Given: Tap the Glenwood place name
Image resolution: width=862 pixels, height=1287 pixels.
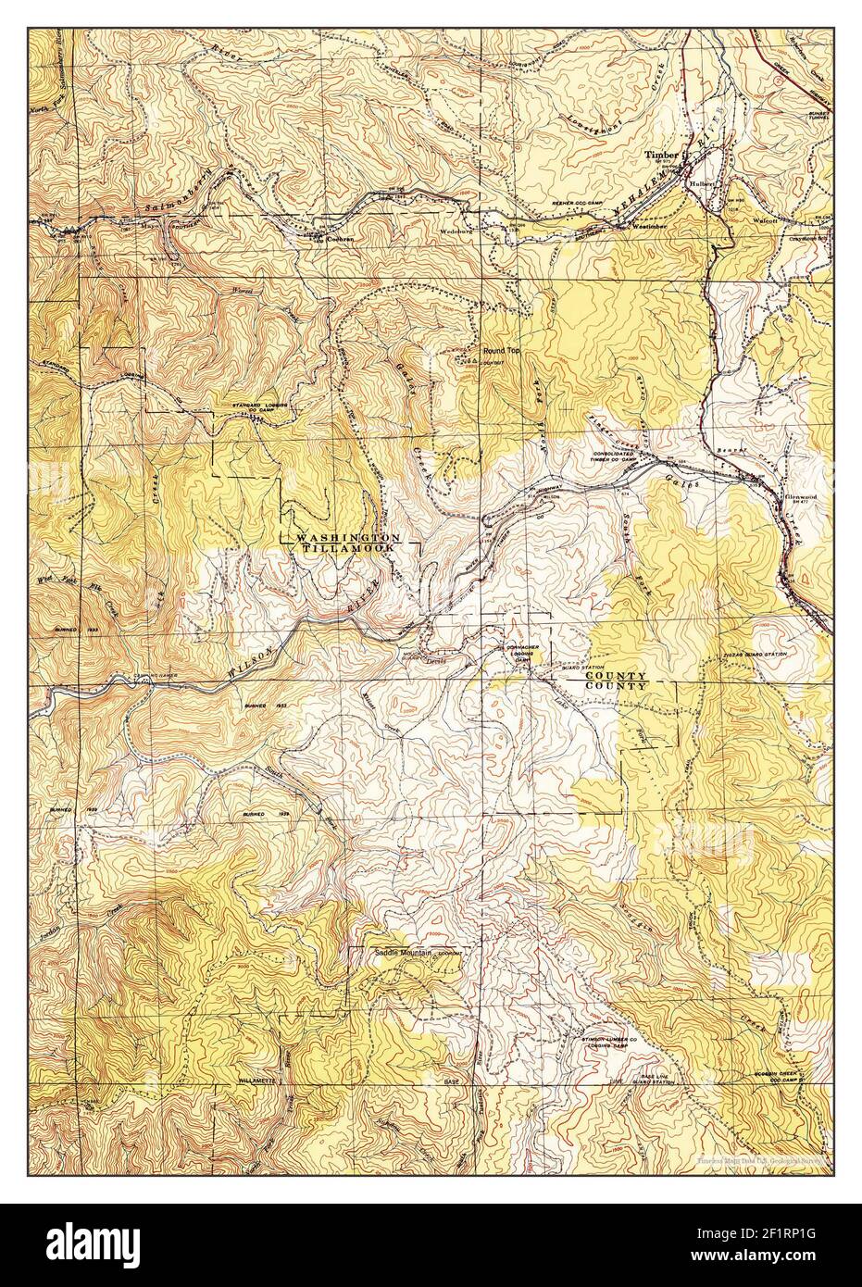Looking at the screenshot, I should (794, 495).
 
